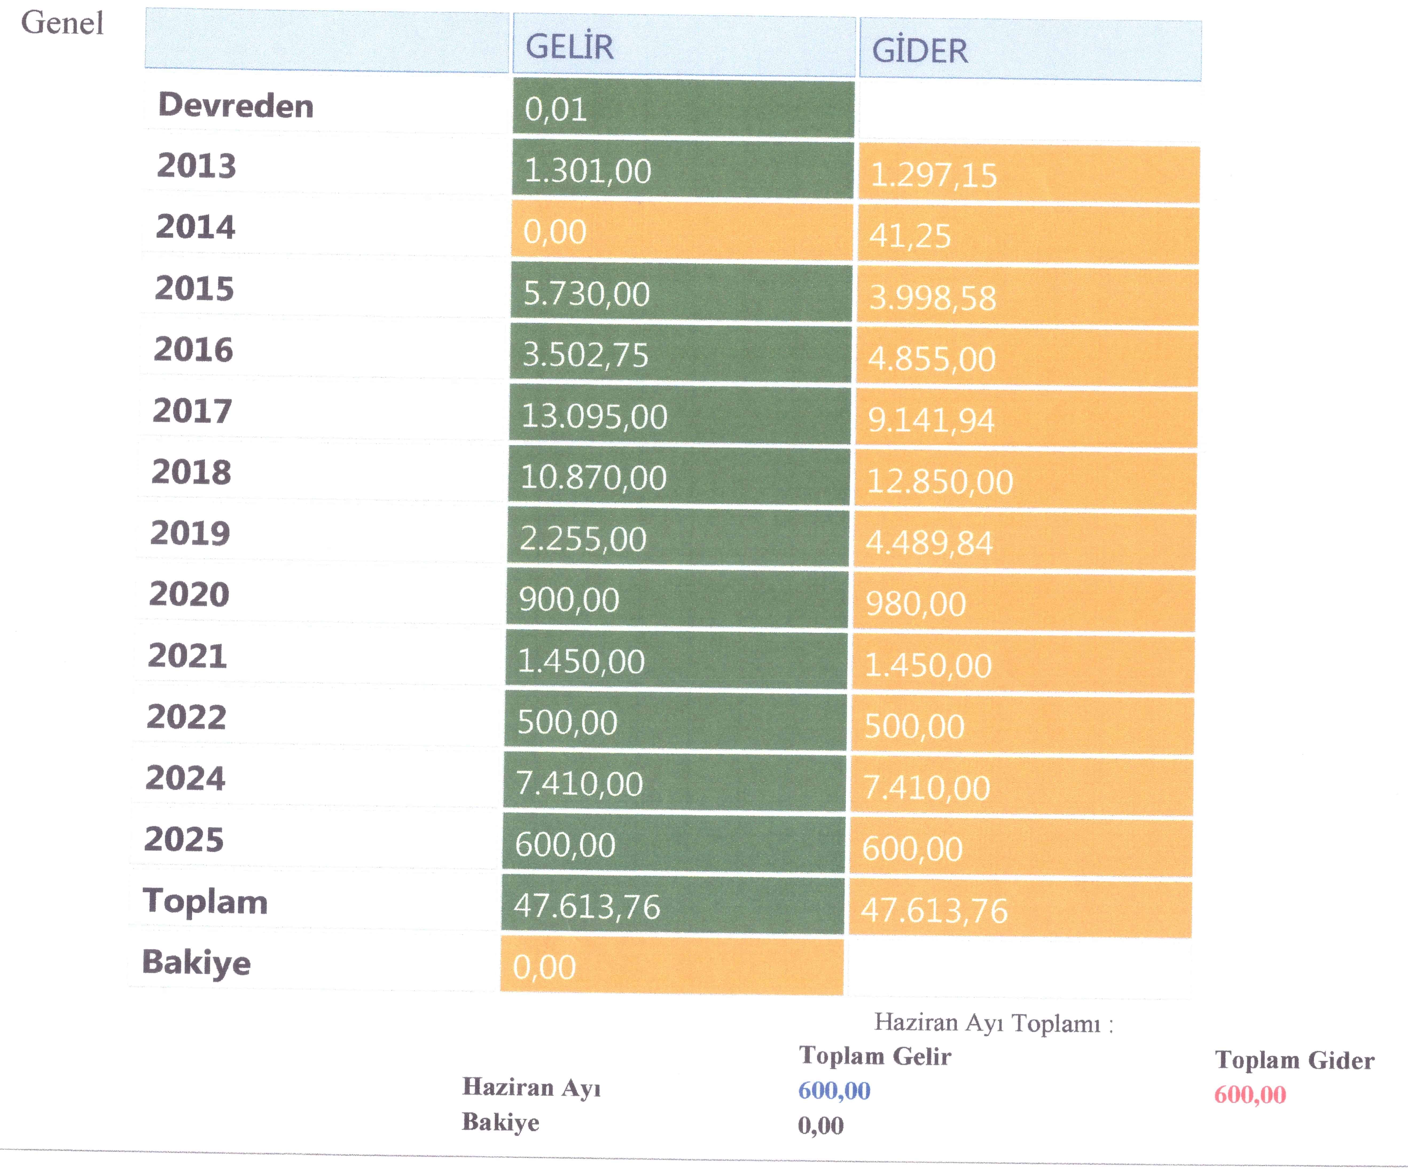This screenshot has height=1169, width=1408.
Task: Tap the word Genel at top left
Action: tap(62, 23)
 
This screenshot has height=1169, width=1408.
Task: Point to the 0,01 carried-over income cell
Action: tap(556, 109)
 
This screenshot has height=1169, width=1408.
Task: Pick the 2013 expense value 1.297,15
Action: tap(933, 175)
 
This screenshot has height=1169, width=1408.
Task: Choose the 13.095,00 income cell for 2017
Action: tap(594, 416)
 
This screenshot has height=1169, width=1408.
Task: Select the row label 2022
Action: tap(186, 717)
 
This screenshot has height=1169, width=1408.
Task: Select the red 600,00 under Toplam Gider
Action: tap(1250, 1094)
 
